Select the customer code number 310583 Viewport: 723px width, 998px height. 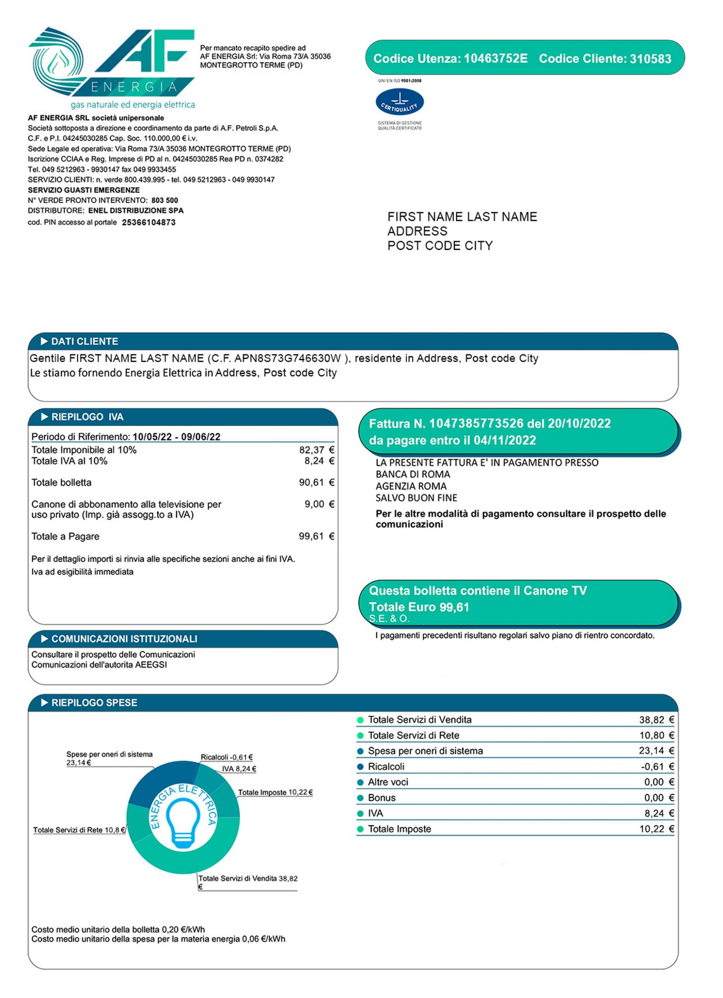650,59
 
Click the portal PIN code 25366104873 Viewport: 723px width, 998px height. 149,223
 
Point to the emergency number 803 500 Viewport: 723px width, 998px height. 165,201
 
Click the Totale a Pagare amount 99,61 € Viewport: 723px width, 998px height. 316,536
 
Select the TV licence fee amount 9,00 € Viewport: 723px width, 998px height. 319,504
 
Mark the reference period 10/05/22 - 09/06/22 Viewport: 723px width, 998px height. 176,437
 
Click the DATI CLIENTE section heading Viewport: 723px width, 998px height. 85,342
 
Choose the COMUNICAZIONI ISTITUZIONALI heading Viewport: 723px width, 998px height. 124,639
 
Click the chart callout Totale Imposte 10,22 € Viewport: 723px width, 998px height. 275,793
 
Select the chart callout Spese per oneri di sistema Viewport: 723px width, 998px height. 110,755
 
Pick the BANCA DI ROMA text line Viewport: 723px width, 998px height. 413,474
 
